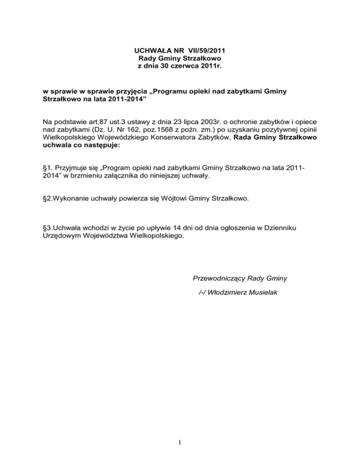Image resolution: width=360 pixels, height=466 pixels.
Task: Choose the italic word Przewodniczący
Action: point(219,278)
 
